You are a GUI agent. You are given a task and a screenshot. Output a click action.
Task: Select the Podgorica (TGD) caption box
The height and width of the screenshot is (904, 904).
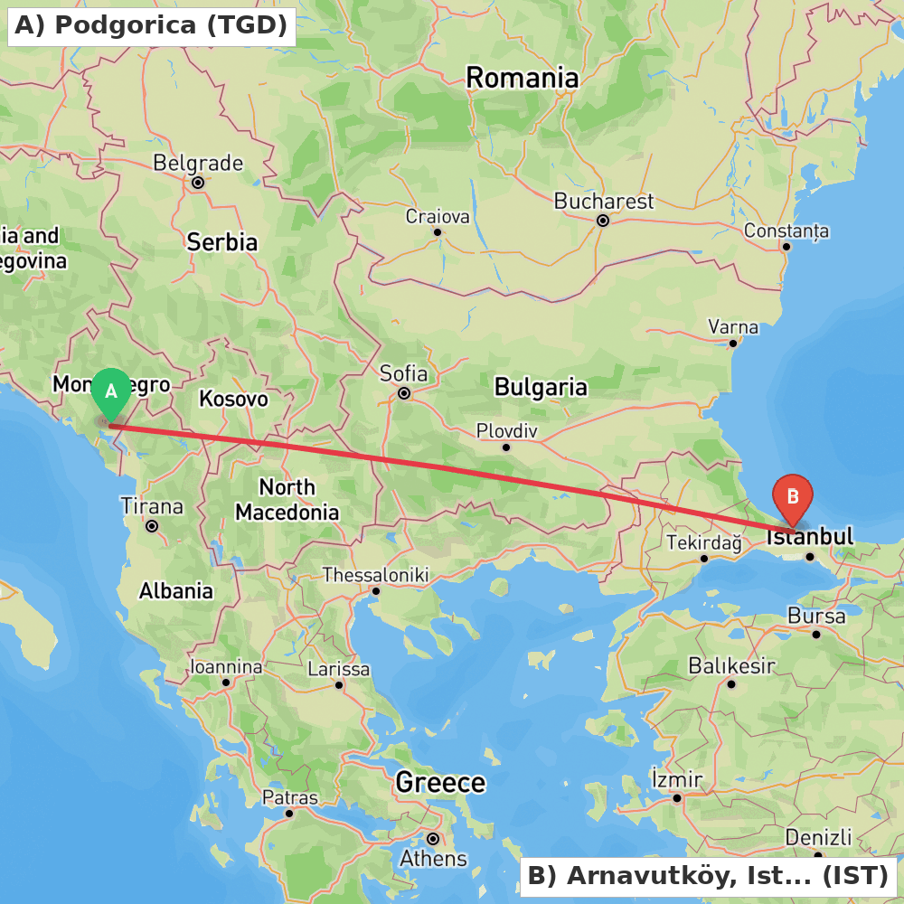[x=151, y=25]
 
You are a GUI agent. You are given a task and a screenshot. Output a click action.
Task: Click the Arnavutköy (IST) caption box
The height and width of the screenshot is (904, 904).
[x=708, y=875]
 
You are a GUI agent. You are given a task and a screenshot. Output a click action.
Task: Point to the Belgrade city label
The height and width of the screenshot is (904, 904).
[x=198, y=164]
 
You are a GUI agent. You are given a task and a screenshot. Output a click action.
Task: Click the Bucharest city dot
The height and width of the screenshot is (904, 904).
[x=603, y=221]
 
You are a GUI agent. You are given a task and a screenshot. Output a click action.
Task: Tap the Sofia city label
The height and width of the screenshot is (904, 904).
[x=404, y=373]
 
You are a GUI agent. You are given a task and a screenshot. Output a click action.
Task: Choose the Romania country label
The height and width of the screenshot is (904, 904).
[x=522, y=79]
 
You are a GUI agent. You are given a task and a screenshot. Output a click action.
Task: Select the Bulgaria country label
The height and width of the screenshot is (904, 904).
[x=541, y=388]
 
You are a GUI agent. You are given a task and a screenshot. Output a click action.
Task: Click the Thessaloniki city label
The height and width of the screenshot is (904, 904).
[x=375, y=575]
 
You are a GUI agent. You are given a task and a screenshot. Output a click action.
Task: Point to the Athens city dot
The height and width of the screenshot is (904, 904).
[x=433, y=839]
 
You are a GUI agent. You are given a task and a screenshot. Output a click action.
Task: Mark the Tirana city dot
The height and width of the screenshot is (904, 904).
[x=152, y=526]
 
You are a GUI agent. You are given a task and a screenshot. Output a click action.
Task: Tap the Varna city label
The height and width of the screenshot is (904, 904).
[x=733, y=326]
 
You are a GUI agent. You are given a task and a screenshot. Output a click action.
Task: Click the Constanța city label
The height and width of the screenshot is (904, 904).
[x=786, y=231]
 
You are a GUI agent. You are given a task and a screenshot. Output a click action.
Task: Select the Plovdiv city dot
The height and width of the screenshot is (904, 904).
[x=506, y=447]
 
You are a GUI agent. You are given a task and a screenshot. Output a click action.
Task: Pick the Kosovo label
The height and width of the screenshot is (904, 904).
[x=233, y=399]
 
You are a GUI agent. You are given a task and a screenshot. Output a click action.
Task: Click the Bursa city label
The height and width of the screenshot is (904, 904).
[x=816, y=617]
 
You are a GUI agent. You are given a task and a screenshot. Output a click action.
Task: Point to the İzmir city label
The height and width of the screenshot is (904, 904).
[x=676, y=779]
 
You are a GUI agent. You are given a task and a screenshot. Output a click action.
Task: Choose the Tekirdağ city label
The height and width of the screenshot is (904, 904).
[x=703, y=543]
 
